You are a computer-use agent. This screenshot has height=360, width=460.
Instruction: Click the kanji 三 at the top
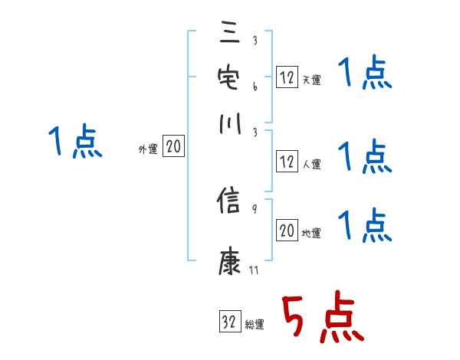(x=229, y=34)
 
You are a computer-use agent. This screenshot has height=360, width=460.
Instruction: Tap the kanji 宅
(x=229, y=78)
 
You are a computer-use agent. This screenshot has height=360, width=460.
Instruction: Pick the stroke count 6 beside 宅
(x=255, y=87)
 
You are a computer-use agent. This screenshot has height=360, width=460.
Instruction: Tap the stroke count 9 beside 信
(x=255, y=209)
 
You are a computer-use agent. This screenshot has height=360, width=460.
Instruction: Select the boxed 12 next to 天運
(x=287, y=77)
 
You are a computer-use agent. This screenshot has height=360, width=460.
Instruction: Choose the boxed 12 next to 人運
(x=287, y=162)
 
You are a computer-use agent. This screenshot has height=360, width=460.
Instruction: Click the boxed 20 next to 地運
(x=287, y=231)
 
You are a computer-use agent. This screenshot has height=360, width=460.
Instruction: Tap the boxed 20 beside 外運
(x=173, y=147)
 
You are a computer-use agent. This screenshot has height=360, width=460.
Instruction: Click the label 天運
(x=311, y=80)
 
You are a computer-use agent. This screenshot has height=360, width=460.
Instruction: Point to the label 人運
(x=311, y=164)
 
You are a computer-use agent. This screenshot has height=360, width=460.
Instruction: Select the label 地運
(x=311, y=233)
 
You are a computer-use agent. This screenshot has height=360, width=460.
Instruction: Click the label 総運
(x=255, y=324)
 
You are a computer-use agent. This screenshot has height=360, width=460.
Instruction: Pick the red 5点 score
(x=320, y=317)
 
